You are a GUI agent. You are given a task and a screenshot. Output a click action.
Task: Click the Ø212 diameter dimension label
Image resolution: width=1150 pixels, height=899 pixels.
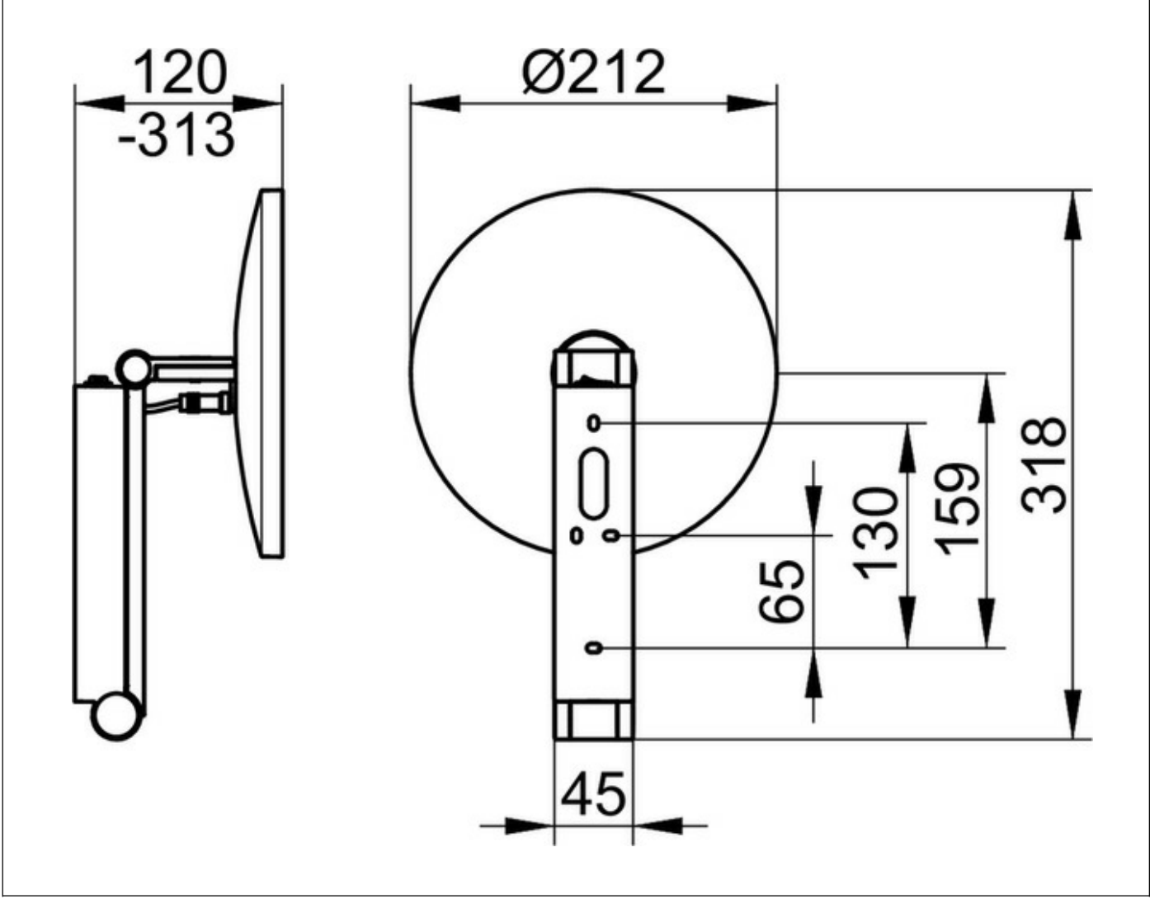coord(593,72)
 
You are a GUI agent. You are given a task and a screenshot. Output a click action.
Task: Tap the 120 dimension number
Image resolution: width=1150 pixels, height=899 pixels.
coord(180,73)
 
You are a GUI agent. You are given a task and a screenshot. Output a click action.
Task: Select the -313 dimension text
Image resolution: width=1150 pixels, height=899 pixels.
coord(176,135)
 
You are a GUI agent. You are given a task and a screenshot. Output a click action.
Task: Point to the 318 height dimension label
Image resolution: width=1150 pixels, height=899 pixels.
coord(1043,465)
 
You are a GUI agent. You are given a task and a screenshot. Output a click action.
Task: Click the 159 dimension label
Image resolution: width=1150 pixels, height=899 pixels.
coord(957,510)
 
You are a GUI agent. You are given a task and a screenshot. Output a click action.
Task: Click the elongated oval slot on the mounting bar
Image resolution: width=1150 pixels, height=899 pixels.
coord(594,483)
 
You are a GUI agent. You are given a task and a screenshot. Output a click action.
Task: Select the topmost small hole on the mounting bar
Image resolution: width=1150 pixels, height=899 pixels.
coord(594,423)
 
